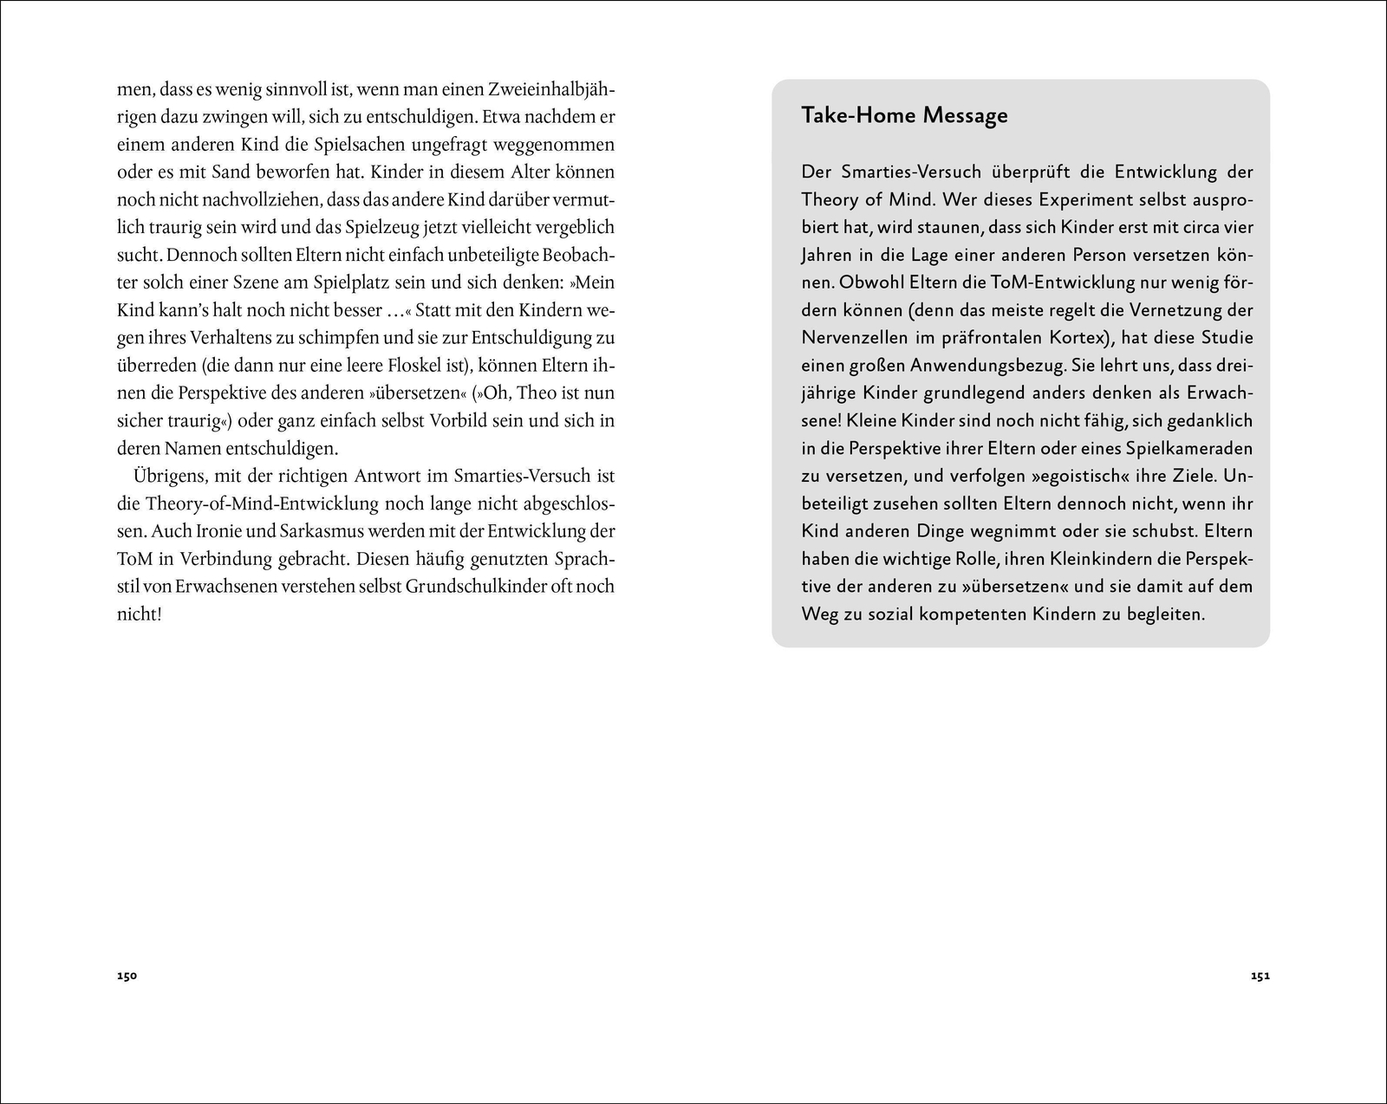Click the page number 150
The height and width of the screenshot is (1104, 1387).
pos(127,976)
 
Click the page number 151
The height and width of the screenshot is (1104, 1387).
pos(1260,976)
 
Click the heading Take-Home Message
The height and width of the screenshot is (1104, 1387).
pos(904,115)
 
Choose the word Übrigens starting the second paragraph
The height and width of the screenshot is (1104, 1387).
pos(169,476)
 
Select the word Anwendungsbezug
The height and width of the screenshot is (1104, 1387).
pos(987,365)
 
